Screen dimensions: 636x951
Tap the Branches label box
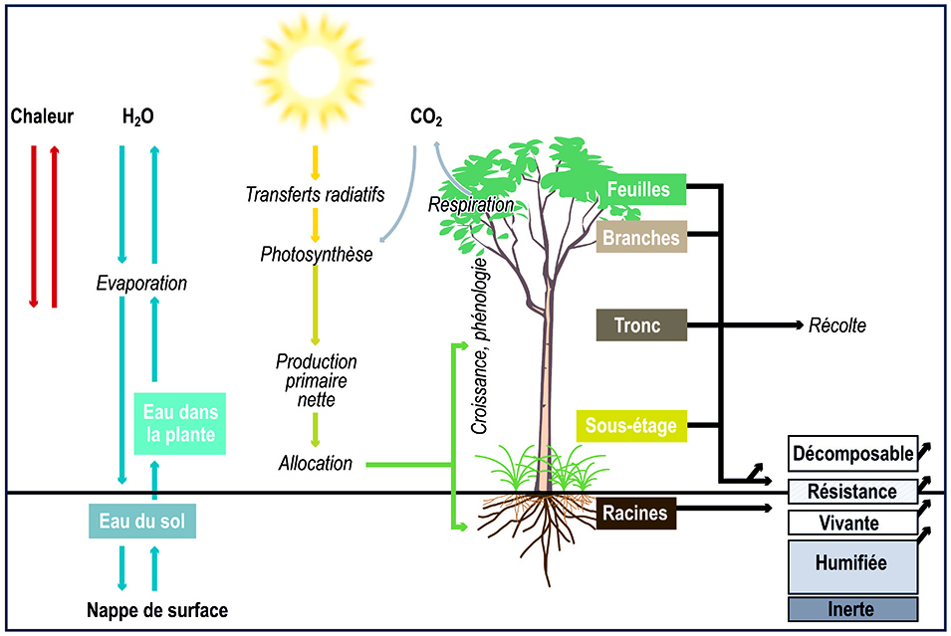[641, 238]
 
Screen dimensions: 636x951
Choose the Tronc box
[641, 325]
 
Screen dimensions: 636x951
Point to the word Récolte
[836, 325]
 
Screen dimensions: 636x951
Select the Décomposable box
[852, 454]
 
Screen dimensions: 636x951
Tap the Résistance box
[852, 492]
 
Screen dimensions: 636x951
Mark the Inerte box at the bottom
[852, 608]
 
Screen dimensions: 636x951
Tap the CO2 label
[426, 118]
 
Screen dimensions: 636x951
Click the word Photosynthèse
[316, 254]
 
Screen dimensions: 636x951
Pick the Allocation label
[315, 463]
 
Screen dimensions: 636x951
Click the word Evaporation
[141, 283]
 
